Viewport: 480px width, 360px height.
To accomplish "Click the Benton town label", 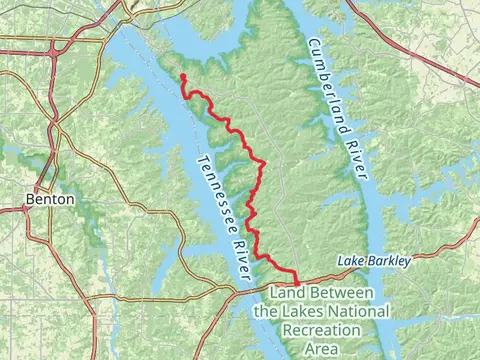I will [x=50, y=199].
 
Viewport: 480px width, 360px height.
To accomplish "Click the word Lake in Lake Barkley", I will [x=350, y=261].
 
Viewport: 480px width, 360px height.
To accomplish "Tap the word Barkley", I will [x=388, y=261].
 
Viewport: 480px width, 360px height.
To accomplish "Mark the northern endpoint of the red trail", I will [x=183, y=76].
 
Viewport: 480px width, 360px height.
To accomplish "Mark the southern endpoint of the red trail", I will [x=298, y=283].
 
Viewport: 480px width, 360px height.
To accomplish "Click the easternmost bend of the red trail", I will [x=263, y=163].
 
